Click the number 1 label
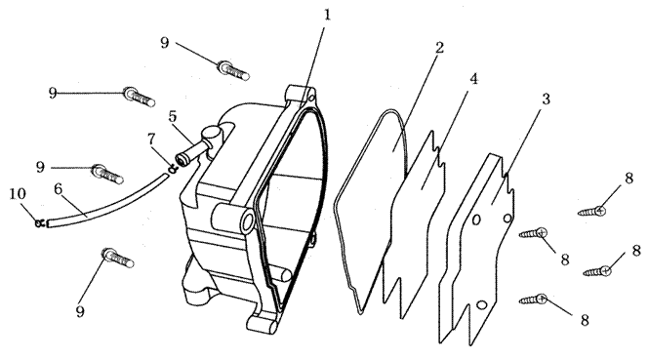pos(327,16)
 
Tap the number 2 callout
pos(439,48)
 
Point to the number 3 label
pos(546,100)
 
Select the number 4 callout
pos(474,79)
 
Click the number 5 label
pos(173,117)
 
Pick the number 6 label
pos(58,189)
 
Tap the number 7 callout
pos(152,140)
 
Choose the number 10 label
pos(18,193)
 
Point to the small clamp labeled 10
pos(39,223)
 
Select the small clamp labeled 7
pos(173,168)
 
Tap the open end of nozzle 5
pos(181,159)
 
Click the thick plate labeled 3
pos(476,248)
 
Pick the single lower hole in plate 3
pos(480,305)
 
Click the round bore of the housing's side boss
pos(248,221)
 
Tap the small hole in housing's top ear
pos(312,99)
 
